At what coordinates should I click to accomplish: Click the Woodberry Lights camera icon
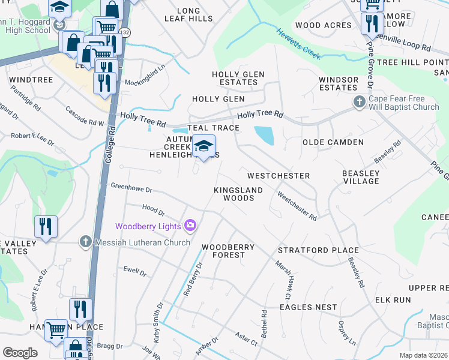click(x=190, y=226)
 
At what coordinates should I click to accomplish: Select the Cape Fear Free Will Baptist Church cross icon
click(x=360, y=101)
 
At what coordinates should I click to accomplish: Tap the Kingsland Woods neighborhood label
click(x=238, y=194)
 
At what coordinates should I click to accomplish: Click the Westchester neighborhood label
click(x=279, y=176)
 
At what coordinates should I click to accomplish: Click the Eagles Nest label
click(x=308, y=307)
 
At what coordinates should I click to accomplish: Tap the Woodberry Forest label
click(x=228, y=251)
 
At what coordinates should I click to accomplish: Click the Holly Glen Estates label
click(x=238, y=78)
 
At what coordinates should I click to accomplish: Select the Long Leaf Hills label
click(x=188, y=15)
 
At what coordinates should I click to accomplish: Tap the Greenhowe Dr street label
click(x=131, y=187)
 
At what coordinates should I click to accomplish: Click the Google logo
click(x=19, y=352)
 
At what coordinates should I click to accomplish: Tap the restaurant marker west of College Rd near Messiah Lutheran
click(x=46, y=227)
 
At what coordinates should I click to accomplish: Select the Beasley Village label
click(x=361, y=177)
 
